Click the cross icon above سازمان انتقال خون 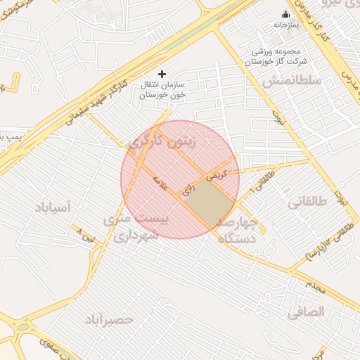pos(162,73)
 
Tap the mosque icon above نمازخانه pos(285,14)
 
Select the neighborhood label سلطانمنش pos(287,82)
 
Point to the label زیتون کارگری pos(169,143)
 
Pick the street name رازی pos(187,191)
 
